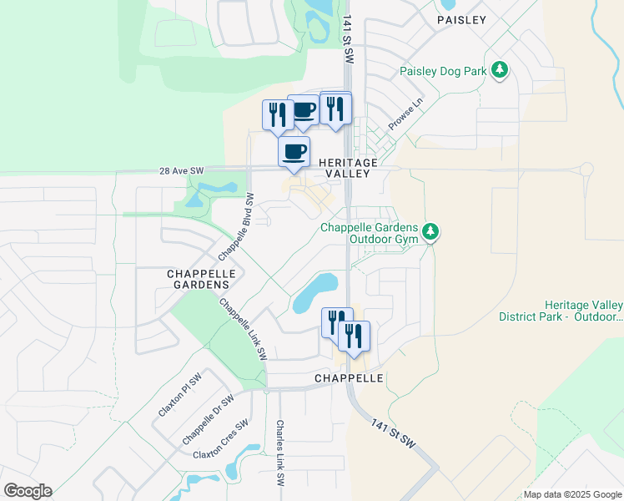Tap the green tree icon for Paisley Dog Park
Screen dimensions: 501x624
500,70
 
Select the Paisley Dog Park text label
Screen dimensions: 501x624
442,72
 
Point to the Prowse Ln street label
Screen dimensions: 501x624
405,114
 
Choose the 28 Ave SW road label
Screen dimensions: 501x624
181,170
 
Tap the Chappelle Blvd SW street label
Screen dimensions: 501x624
236,225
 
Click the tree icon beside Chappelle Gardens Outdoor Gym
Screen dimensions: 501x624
430,231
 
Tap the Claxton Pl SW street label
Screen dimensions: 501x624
180,395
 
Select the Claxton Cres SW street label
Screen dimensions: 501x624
221,440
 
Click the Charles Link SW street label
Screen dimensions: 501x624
281,453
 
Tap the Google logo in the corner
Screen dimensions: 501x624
28,491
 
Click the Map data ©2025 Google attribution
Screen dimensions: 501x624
571,494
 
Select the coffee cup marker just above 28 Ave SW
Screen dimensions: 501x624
294,153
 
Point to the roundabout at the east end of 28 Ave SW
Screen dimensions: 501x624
586,169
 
